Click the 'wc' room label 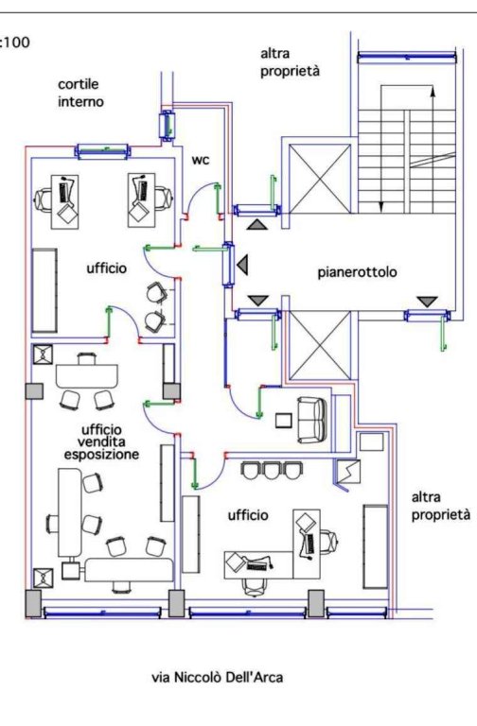(201, 160)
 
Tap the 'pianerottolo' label (357, 272)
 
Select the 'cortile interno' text (80, 93)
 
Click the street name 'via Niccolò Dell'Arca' (217, 678)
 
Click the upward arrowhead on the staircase (433, 91)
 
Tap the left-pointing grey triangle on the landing (242, 266)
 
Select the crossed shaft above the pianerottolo (319, 179)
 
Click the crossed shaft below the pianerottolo (319, 345)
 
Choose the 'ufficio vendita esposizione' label (101, 442)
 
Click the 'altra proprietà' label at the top (290, 62)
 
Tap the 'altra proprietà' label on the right (441, 506)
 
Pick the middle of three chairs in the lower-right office (271, 471)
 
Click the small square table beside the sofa (283, 421)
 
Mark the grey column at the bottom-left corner (33, 603)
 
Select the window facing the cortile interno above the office (102, 151)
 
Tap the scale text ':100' (15, 43)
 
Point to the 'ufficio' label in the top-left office (107, 268)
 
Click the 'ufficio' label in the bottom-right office (248, 515)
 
